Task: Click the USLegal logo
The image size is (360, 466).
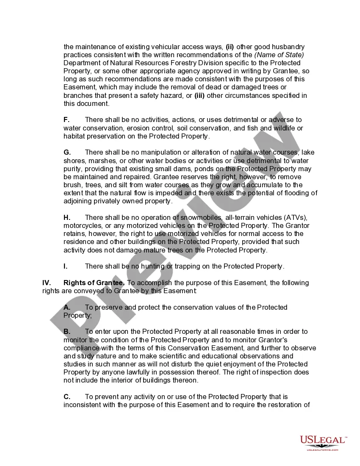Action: pos(323,441)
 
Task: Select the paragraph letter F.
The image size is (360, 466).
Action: pos(66,120)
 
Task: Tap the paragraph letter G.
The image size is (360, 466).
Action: pos(67,153)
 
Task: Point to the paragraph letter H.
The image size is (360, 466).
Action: pos(67,218)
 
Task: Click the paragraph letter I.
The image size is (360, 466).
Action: pos(66,266)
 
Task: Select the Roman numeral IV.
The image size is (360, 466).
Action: pos(47,283)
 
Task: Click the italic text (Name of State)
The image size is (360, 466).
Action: pos(279,55)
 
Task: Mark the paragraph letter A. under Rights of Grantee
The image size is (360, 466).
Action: pos(67,308)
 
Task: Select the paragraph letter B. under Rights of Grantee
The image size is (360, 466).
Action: pos(67,332)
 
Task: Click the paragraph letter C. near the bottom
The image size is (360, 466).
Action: pos(67,397)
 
